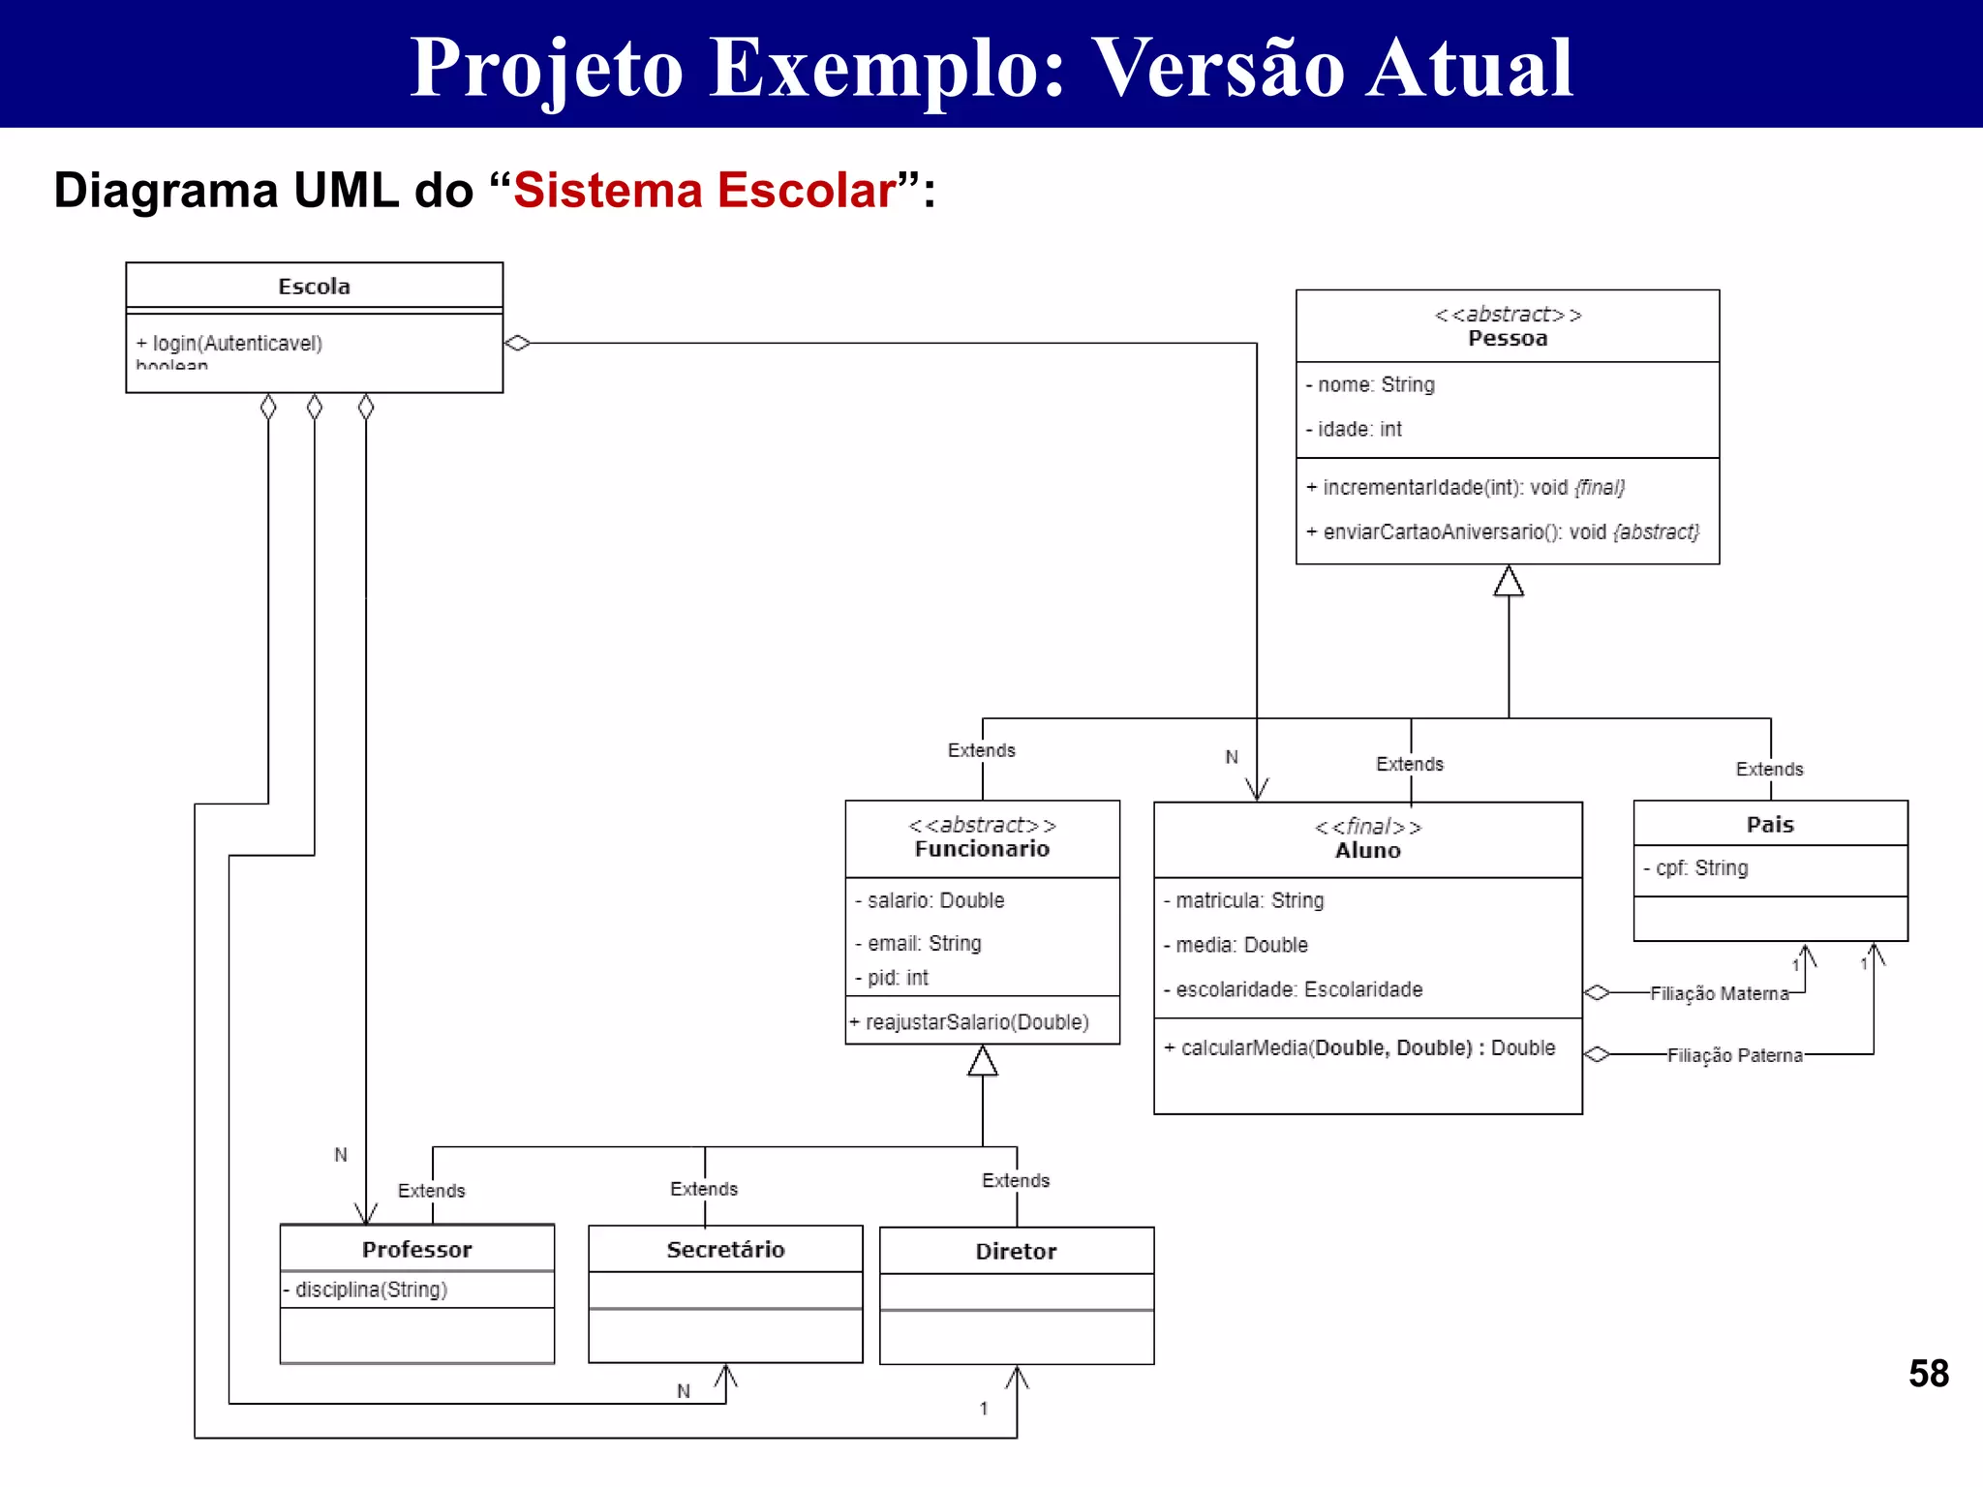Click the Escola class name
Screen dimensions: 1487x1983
(x=314, y=287)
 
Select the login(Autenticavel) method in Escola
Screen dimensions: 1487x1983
(x=229, y=344)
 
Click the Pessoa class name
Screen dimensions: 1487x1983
(x=1507, y=339)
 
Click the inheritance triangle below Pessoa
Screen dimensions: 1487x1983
(x=1508, y=582)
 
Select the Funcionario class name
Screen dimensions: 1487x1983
(x=982, y=849)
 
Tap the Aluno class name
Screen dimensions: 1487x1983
(x=1367, y=851)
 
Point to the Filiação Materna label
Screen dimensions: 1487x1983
(x=1719, y=993)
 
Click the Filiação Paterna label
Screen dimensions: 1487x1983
(x=1734, y=1055)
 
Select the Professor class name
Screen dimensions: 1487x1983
(x=416, y=1250)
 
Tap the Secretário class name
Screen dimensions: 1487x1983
(x=725, y=1250)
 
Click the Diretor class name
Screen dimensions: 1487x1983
(x=1016, y=1252)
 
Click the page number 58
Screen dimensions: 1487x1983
(x=1928, y=1374)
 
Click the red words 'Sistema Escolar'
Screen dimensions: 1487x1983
(x=704, y=191)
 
